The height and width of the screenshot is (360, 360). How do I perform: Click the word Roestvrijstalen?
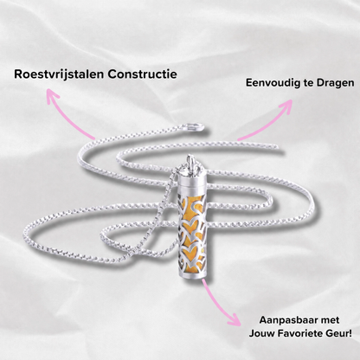click(59, 74)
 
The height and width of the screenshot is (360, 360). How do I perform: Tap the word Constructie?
click(143, 74)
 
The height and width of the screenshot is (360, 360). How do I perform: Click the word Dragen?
click(336, 83)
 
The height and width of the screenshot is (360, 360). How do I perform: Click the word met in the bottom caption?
click(330, 320)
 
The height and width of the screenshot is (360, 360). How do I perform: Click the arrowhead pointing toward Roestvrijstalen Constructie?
click(52, 95)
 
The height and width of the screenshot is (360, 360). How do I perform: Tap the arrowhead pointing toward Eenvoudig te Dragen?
click(286, 106)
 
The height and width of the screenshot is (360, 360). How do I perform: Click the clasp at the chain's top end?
click(195, 127)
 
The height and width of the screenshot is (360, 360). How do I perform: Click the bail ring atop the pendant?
click(190, 161)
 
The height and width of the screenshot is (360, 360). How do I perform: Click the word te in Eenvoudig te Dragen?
click(306, 83)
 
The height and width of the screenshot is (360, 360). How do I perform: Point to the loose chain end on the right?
click(274, 147)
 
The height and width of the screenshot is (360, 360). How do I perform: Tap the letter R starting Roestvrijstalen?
click(18, 74)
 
